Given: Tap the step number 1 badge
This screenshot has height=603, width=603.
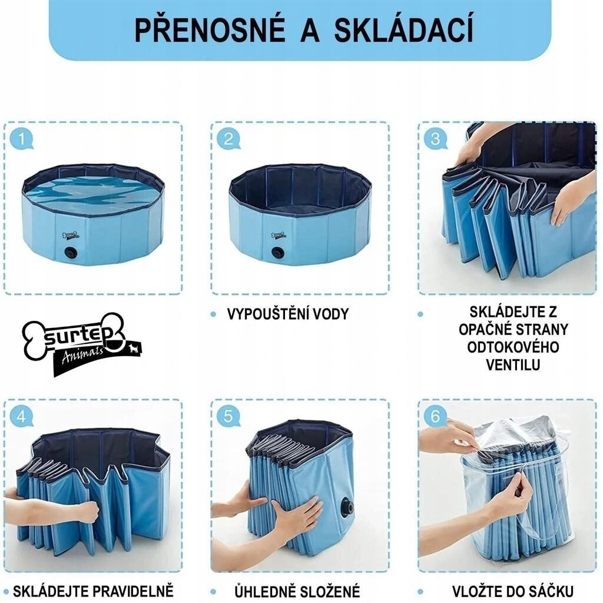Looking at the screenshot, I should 22,140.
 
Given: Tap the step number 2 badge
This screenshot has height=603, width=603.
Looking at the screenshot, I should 228,140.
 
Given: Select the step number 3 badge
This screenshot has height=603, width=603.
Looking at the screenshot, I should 435,139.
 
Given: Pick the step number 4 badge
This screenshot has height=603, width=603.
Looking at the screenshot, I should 22,416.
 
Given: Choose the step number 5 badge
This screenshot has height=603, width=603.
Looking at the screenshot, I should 228,416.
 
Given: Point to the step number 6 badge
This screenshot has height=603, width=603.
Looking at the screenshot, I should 435,416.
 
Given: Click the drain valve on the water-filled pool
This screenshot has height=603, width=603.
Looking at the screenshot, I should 71,253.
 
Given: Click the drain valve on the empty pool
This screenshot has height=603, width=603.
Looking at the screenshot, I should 277,253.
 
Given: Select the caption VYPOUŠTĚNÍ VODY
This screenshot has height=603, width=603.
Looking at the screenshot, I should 287,314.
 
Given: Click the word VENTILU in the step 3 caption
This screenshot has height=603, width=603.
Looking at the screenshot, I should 513,365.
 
